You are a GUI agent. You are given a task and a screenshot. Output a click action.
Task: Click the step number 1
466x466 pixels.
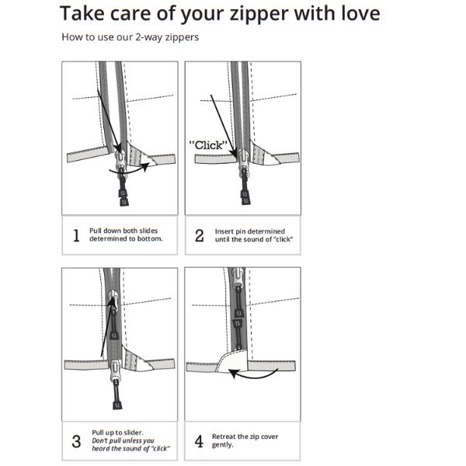[x=76, y=235]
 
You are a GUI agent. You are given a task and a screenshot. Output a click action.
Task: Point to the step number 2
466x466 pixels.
[x=200, y=235]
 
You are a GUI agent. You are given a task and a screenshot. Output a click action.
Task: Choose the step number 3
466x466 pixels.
[x=76, y=441]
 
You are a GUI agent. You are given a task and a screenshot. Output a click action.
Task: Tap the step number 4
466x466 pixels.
[x=199, y=441]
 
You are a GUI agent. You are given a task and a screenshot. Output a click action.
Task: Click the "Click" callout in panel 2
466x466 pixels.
[x=208, y=145]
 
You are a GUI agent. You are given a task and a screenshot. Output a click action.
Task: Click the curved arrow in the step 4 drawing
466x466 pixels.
[x=252, y=377]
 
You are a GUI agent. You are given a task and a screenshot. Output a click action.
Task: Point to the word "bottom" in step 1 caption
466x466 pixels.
[x=149, y=238]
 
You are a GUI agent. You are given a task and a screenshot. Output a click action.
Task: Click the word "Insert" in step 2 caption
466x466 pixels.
[x=224, y=231]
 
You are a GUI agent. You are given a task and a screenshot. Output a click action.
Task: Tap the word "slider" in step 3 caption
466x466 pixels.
[x=132, y=433]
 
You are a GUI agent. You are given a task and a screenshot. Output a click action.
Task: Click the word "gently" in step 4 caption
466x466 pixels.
[x=222, y=445]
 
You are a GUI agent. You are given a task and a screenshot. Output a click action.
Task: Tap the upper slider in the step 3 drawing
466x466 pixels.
[x=113, y=300]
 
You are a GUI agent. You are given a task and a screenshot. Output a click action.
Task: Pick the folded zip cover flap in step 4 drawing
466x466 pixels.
[x=233, y=360]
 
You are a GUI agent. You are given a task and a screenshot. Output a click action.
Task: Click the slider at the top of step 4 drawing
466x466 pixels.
[x=238, y=277]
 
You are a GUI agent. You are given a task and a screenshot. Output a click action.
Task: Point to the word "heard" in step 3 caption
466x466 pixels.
[x=99, y=448]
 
